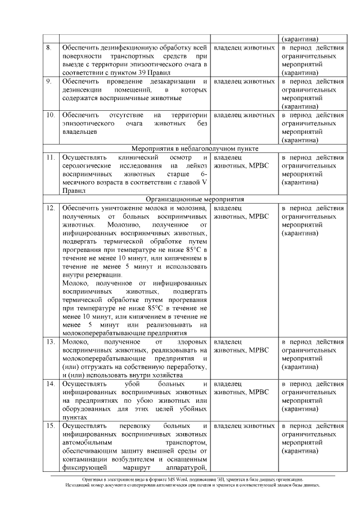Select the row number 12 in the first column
50,208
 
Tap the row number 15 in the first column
50,426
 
